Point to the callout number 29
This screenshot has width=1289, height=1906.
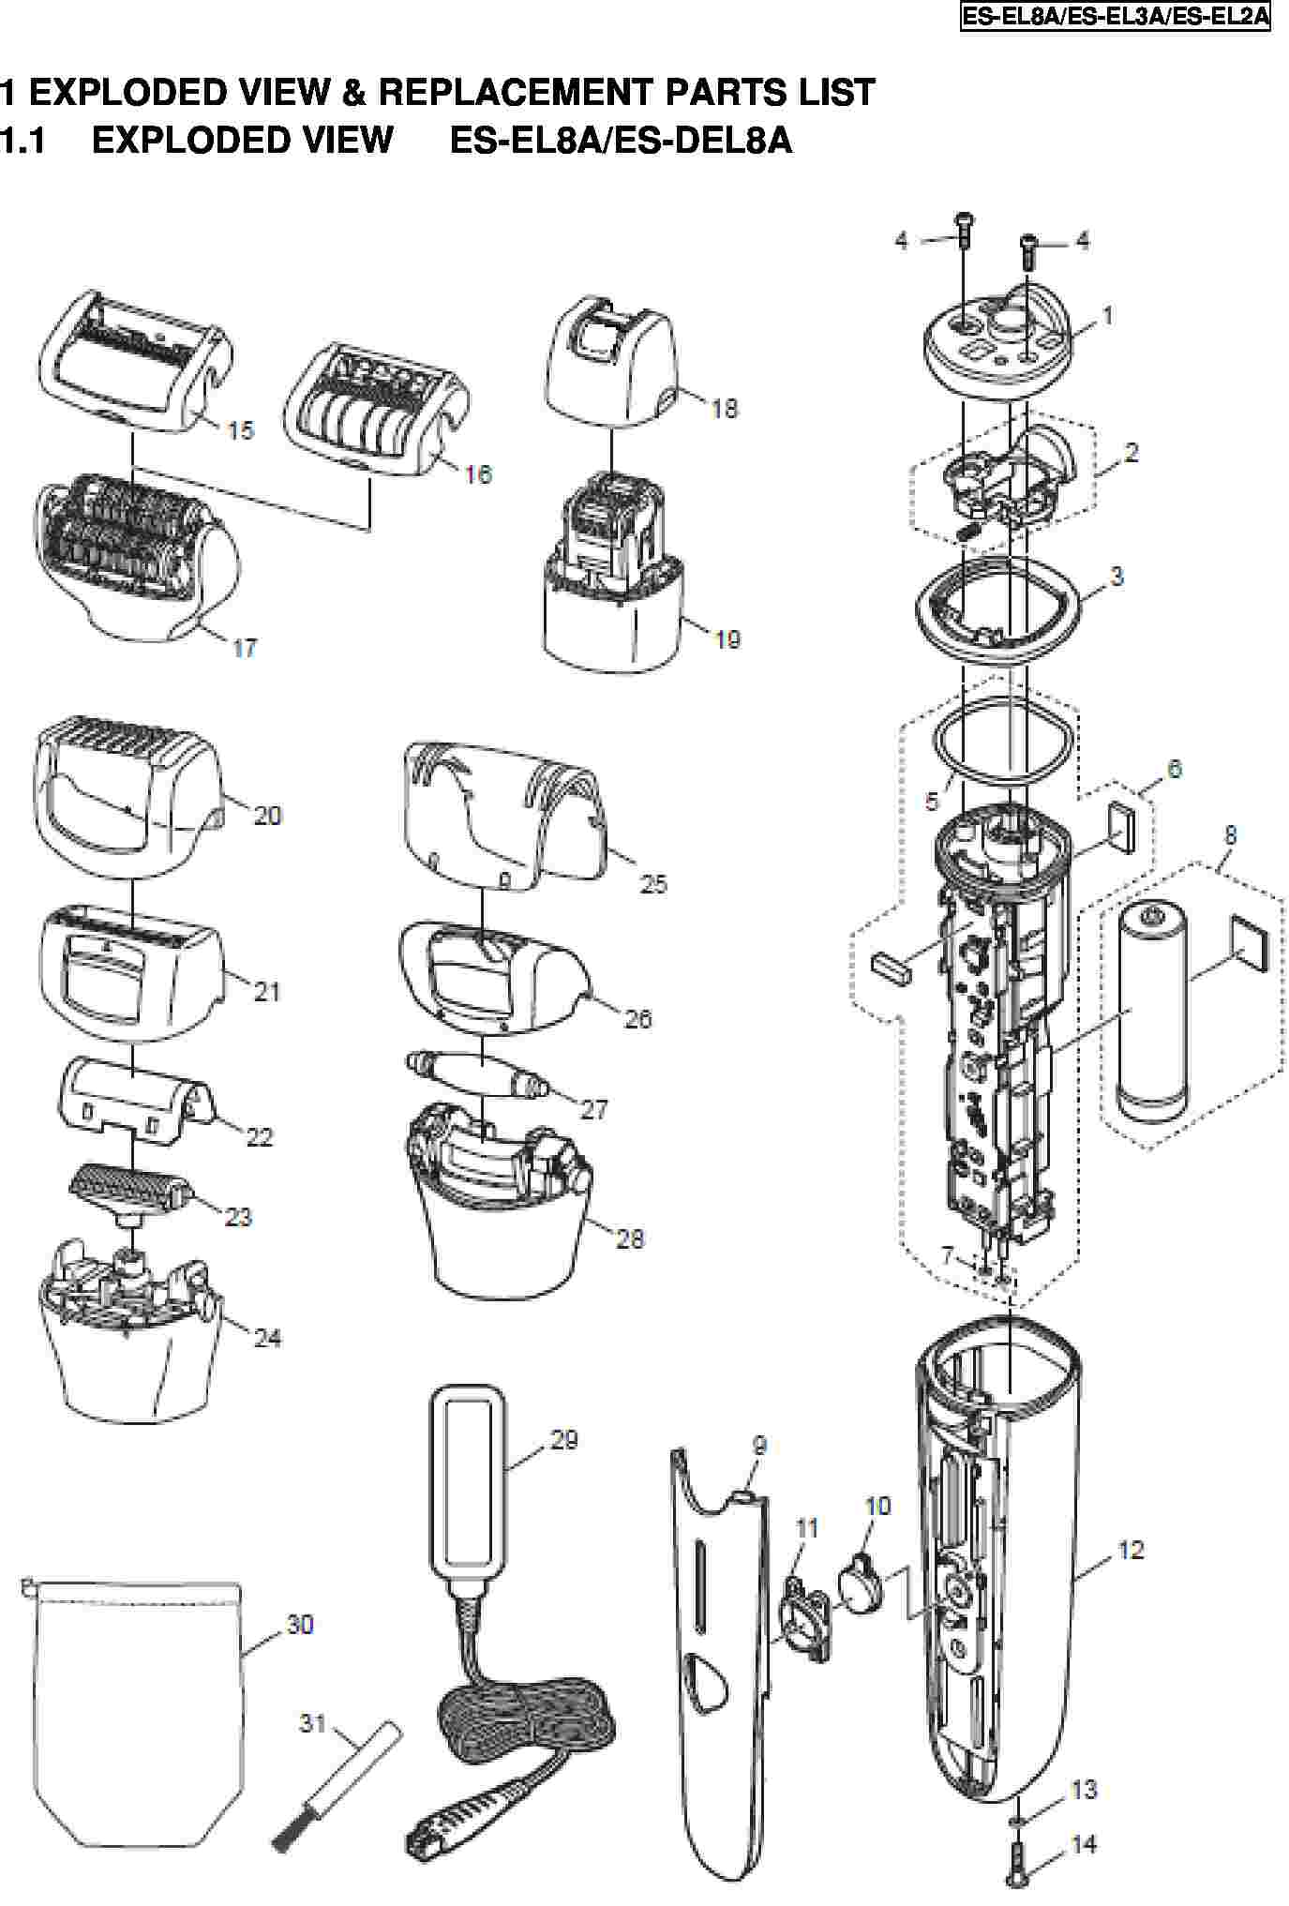pyautogui.click(x=563, y=1438)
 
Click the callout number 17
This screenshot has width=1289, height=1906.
pyautogui.click(x=244, y=647)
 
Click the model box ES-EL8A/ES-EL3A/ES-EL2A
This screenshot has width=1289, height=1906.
pyautogui.click(x=1116, y=17)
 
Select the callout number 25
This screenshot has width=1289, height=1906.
pyautogui.click(x=652, y=883)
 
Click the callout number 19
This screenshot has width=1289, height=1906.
pyautogui.click(x=727, y=639)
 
